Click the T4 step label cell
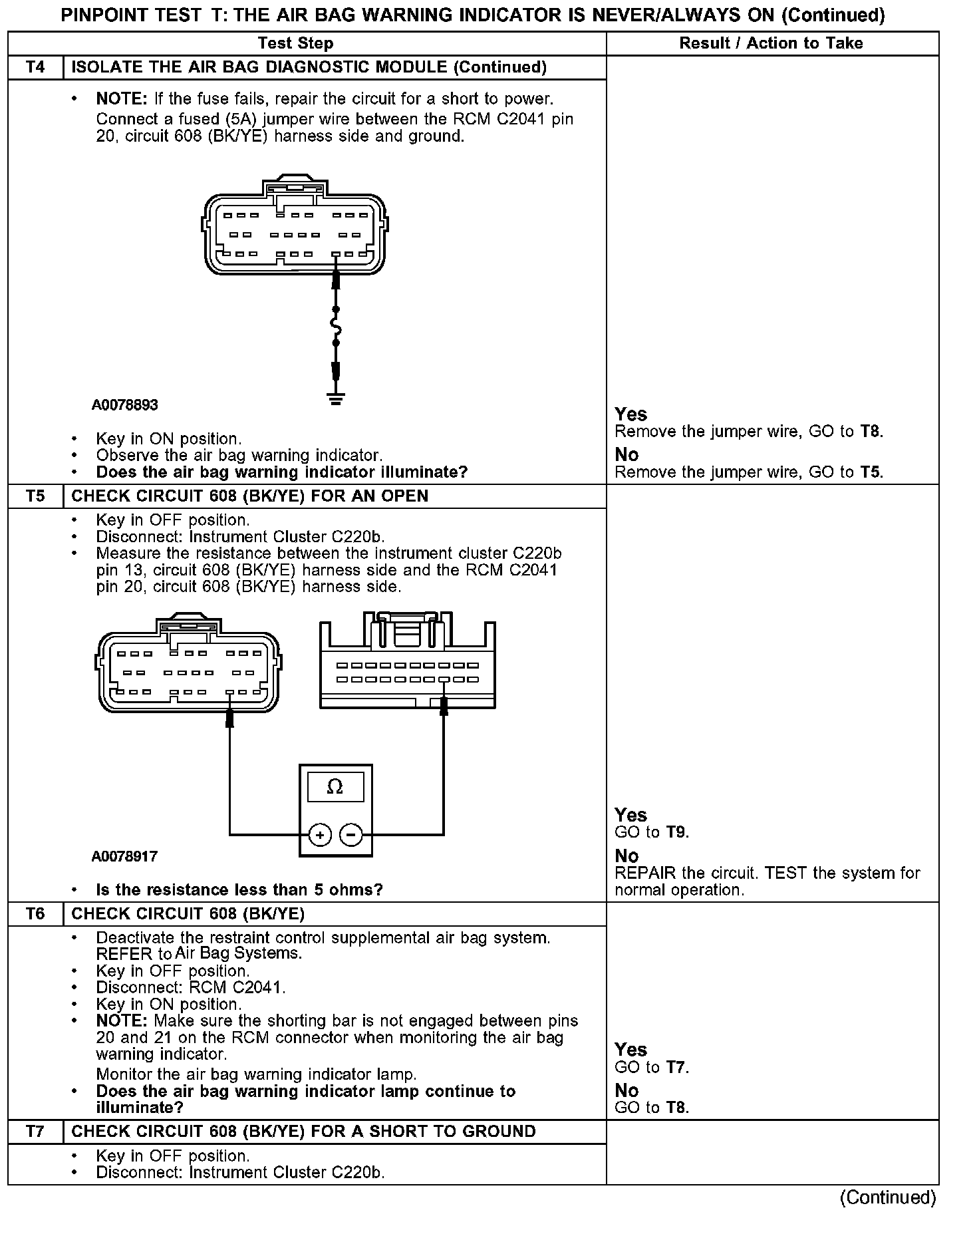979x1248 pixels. pos(35,67)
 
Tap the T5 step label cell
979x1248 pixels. pos(35,496)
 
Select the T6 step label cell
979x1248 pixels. pos(35,914)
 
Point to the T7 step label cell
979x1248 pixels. pos(35,1132)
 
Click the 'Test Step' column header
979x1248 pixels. pos(295,43)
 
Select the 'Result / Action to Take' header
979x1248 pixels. pos(771,43)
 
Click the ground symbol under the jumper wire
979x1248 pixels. pos(336,399)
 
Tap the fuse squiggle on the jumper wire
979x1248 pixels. pos(336,326)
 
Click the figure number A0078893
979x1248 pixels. pos(125,404)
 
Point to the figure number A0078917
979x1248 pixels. pos(125,856)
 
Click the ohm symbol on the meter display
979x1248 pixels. pos(335,788)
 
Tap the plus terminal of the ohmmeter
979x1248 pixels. pos(320,834)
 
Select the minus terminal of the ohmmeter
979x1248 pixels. pos(352,834)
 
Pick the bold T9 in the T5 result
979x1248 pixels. pos(676,832)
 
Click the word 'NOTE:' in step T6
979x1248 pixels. pos(122,1021)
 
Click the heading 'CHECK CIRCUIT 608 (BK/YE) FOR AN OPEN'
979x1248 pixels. pos(250,496)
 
